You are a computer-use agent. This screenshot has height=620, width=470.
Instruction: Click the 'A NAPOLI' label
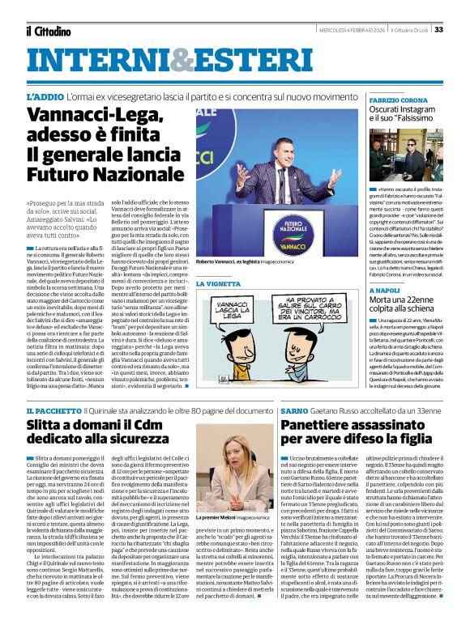pyautogui.click(x=384, y=289)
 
